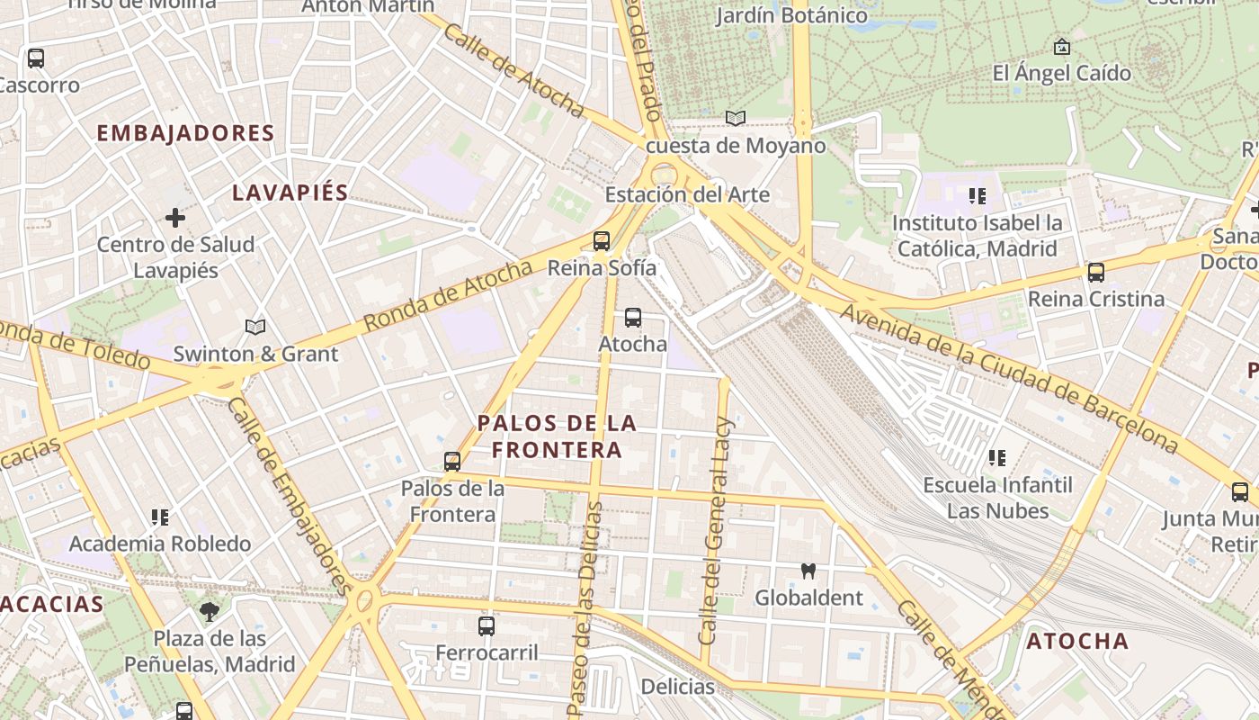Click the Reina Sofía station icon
click(602, 241)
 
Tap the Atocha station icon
click(633, 318)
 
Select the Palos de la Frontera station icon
click(452, 462)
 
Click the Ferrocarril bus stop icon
click(487, 625)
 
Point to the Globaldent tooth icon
click(808, 571)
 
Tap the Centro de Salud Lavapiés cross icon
click(175, 218)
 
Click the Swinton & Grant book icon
click(255, 327)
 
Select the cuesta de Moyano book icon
click(736, 119)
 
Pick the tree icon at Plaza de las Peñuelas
click(210, 613)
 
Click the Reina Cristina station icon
click(1095, 272)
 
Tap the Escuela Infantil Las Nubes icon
click(996, 458)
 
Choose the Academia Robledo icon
click(160, 517)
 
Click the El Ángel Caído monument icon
click(1062, 46)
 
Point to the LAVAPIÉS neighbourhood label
click(290, 193)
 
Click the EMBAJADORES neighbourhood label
click(185, 133)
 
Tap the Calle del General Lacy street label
click(717, 531)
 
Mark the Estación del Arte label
click(686, 194)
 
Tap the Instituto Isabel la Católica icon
click(978, 195)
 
